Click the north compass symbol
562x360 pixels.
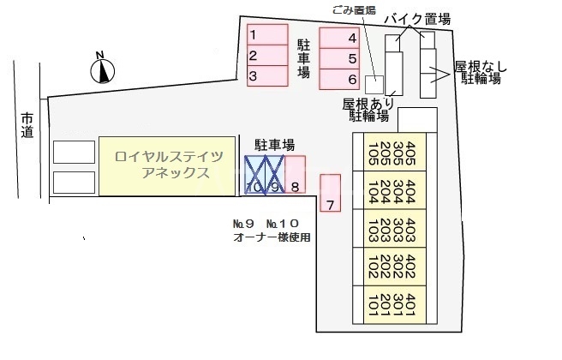pos(101,68)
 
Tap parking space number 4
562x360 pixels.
pos(339,38)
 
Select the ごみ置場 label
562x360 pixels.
pos(354,12)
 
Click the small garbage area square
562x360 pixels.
pos(374,83)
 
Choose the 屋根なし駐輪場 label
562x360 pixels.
pos(481,72)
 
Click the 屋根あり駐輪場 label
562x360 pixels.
pos(366,109)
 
